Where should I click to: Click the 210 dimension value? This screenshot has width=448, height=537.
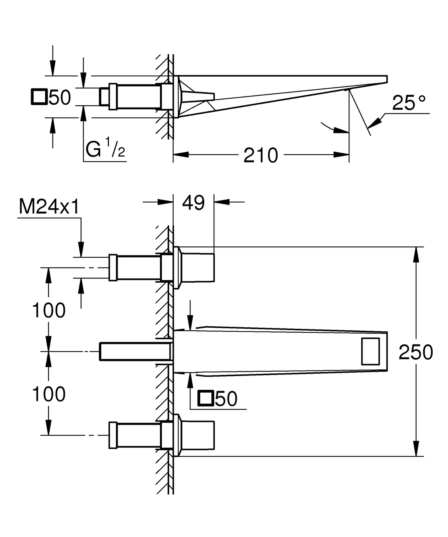(260, 155)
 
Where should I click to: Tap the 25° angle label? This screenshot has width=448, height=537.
(409, 103)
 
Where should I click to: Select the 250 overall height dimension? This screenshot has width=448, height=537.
(416, 352)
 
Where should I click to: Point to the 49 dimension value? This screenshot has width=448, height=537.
(193, 203)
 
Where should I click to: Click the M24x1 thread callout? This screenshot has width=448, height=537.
(49, 207)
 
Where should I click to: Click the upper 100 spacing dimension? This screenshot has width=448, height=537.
(49, 310)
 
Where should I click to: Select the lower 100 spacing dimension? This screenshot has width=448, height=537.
(49, 394)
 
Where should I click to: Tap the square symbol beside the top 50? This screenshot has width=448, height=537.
(39, 97)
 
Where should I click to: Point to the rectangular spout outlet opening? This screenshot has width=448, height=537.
(370, 351)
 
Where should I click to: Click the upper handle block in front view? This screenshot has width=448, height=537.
(198, 267)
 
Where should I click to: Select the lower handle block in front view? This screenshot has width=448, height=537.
(198, 435)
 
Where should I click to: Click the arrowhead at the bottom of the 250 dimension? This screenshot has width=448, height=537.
(416, 449)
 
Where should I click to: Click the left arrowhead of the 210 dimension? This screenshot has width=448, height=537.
(181, 155)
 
